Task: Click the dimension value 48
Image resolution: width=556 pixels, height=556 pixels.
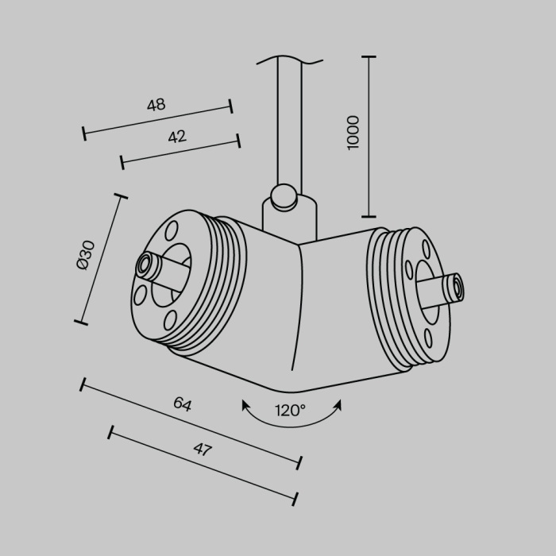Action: click(x=156, y=105)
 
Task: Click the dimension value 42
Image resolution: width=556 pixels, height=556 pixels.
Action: click(x=176, y=137)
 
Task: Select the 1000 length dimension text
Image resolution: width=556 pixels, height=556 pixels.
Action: click(x=353, y=132)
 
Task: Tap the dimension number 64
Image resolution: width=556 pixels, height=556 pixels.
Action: click(x=183, y=404)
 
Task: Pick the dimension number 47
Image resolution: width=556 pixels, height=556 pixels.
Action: click(x=203, y=450)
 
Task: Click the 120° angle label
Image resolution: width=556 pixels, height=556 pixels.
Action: click(x=291, y=411)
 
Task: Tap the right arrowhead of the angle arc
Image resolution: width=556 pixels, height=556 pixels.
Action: click(x=338, y=405)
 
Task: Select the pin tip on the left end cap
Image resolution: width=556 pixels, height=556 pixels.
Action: click(x=145, y=264)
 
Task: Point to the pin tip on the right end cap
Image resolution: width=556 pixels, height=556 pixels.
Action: click(x=456, y=288)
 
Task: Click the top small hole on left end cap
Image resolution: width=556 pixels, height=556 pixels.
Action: click(x=170, y=230)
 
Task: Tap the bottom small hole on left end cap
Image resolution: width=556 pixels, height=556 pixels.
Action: click(x=169, y=321)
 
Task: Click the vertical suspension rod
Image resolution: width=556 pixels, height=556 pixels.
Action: click(x=289, y=127)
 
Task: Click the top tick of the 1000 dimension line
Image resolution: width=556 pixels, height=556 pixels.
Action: click(x=369, y=58)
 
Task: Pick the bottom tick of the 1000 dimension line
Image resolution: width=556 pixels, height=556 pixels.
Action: click(x=369, y=215)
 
